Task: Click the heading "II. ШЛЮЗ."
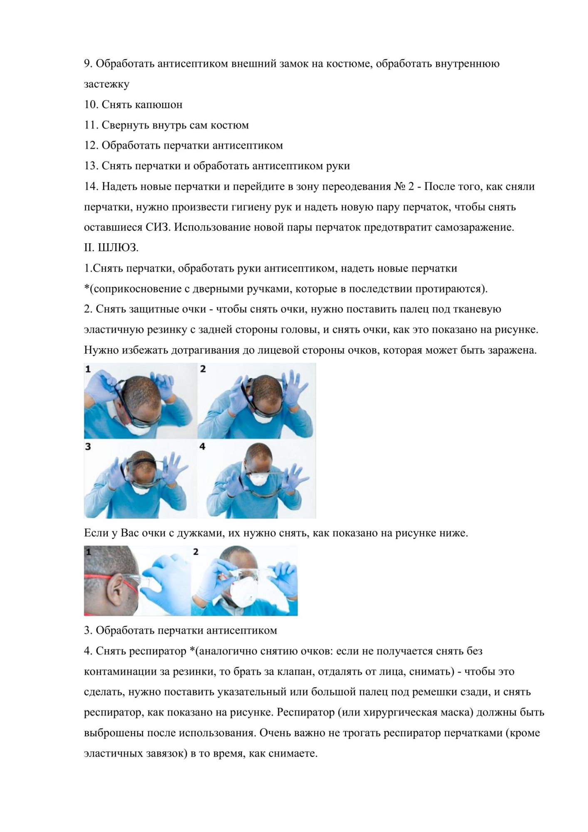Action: [x=111, y=248]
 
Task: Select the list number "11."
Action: [x=91, y=125]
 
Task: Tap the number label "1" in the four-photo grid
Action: [x=88, y=369]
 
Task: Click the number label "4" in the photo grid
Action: [x=203, y=446]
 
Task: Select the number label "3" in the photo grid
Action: [x=88, y=446]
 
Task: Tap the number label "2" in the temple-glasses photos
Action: [x=196, y=552]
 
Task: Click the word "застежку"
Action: [x=107, y=84]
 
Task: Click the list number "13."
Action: [x=91, y=166]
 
